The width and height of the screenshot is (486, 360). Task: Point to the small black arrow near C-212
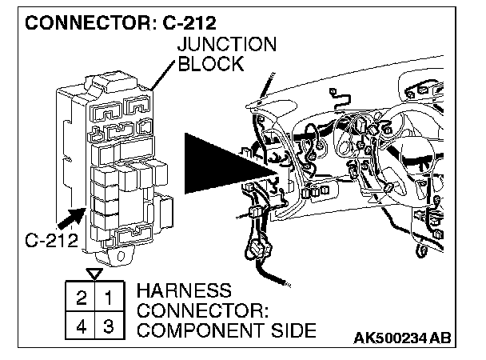tap(70, 218)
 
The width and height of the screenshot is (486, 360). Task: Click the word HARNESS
tap(185, 289)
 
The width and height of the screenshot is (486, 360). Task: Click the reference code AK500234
tap(392, 339)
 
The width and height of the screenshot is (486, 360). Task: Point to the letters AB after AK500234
tap(440, 339)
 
